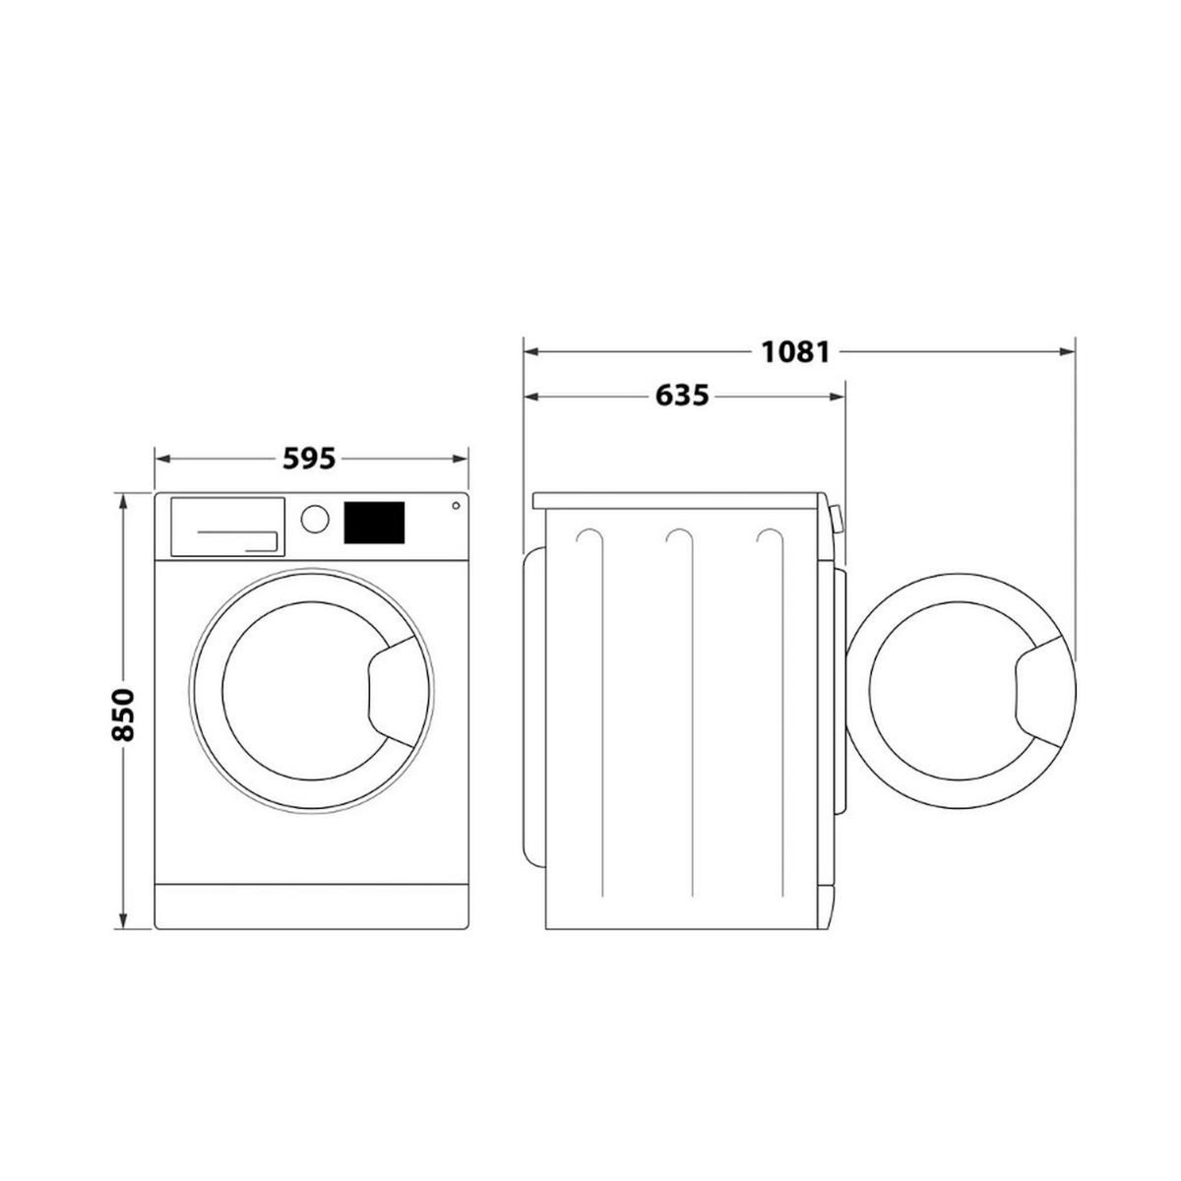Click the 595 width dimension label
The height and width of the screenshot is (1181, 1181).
pos(310,459)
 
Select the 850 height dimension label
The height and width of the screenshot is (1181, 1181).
pos(122,714)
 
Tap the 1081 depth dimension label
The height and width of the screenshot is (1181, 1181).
pos(796,351)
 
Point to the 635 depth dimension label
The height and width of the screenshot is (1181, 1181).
pos(681,397)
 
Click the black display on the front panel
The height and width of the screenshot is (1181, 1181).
pos(374,522)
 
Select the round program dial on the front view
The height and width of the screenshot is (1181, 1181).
pos(314,519)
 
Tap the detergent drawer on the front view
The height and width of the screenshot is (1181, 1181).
pos(228,527)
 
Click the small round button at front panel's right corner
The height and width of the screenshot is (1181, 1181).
pos(455,507)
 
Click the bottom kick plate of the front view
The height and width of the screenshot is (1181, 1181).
pos(312,898)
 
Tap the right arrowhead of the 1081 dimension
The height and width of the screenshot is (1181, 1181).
pos(1067,351)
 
